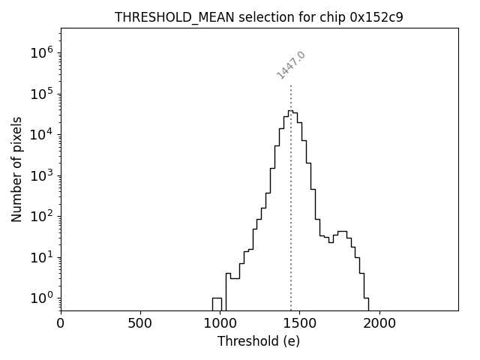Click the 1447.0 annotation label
coord(291,65)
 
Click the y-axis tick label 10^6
coord(41,53)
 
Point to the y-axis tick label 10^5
coord(41,94)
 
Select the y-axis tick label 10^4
coord(41,135)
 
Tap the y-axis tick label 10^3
coord(41,175)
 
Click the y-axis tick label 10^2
coord(41,217)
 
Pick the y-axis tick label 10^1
coord(41,257)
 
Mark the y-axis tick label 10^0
coord(41,298)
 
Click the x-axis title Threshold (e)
coord(259,341)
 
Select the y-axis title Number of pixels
coord(17,169)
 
